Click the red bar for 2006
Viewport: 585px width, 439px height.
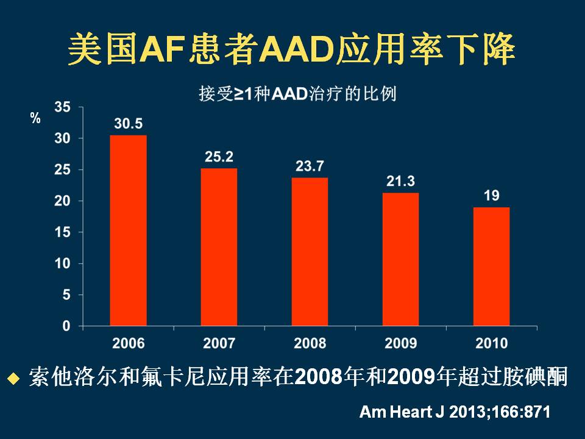click(x=128, y=230)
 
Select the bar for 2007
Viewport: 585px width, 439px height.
click(x=219, y=247)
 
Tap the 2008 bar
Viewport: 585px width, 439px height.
click(x=310, y=251)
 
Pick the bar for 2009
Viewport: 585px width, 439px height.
click(x=400, y=259)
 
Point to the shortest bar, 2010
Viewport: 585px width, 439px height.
click(x=491, y=266)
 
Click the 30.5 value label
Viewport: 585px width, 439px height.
click(x=128, y=124)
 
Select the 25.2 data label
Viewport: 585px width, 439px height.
click(x=219, y=157)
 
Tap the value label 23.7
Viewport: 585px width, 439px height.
click(x=310, y=166)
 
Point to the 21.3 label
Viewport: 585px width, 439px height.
click(x=400, y=182)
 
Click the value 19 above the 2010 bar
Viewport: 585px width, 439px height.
click(x=492, y=196)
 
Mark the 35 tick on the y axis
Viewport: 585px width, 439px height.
click(x=63, y=107)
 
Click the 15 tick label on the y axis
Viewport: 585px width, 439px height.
click(x=63, y=232)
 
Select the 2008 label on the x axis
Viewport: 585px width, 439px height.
click(x=310, y=343)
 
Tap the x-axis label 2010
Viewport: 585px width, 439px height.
click(x=491, y=343)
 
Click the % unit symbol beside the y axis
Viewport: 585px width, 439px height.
click(x=35, y=118)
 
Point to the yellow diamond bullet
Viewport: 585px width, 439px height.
click(x=13, y=379)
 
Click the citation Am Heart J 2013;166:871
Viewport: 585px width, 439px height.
click(x=455, y=412)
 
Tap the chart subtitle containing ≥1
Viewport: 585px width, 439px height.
click(x=297, y=95)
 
